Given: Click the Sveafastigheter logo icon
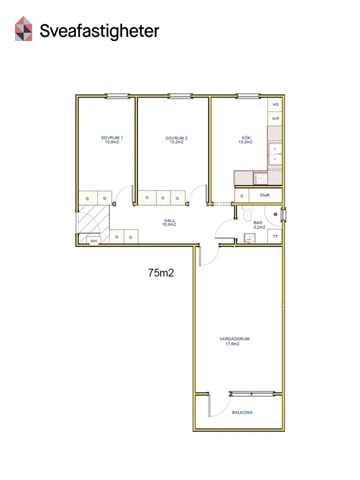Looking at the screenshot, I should pyautogui.click(x=23, y=28).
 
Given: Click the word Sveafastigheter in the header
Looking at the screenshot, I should pyautogui.click(x=99, y=31).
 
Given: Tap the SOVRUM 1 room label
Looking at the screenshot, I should pyautogui.click(x=112, y=137).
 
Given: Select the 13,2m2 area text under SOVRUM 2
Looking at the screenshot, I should pyautogui.click(x=176, y=142).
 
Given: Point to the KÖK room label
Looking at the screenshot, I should pyautogui.click(x=245, y=137).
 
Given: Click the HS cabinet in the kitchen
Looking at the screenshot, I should pyautogui.click(x=275, y=105).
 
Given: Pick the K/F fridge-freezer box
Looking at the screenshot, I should pyautogui.click(x=275, y=119).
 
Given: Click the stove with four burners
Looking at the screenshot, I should pyautogui.click(x=260, y=177).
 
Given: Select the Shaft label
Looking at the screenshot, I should pyautogui.click(x=265, y=195).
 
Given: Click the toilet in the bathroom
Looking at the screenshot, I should pyautogui.click(x=246, y=215).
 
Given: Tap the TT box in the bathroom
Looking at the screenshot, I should pyautogui.click(x=275, y=236).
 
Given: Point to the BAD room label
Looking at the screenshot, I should pyautogui.click(x=258, y=222).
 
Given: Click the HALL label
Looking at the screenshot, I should pyautogui.click(x=169, y=220).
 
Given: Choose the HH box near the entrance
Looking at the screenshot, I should pyautogui.click(x=93, y=241).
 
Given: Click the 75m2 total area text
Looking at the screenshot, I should pyautogui.click(x=160, y=273).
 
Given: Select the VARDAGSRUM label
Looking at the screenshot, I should pyautogui.click(x=234, y=339).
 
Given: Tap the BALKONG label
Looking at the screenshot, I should pyautogui.click(x=242, y=412).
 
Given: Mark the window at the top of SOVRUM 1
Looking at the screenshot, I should pyautogui.click(x=117, y=95).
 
